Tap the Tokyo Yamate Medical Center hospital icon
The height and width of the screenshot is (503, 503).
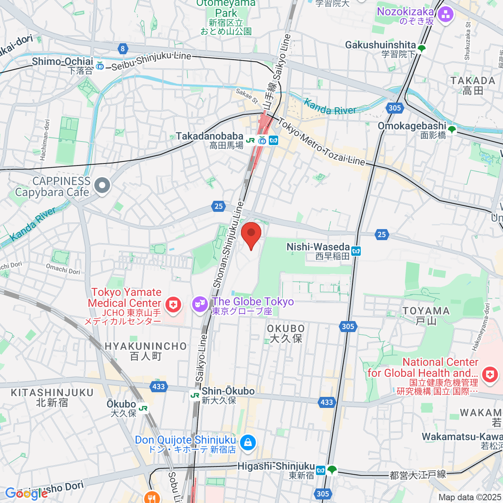pyautogui.click(x=173, y=305)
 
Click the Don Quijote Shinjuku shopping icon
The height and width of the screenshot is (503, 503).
pyautogui.click(x=248, y=443)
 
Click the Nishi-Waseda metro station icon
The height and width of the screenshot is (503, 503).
pyautogui.click(x=356, y=251)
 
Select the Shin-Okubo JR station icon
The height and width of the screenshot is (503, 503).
pyautogui.click(x=195, y=395)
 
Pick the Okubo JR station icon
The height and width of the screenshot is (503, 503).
pyautogui.click(x=143, y=408)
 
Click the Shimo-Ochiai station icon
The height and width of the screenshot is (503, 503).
pyautogui.click(x=100, y=66)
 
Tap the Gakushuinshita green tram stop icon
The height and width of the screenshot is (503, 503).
pyautogui.click(x=422, y=49)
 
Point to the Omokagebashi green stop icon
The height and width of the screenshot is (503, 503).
pyautogui.click(x=451, y=130)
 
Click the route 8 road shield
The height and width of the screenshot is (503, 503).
pyautogui.click(x=122, y=49)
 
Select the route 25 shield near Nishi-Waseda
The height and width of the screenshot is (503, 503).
pyautogui.click(x=381, y=234)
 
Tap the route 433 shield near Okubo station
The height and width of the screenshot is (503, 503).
pyautogui.click(x=158, y=386)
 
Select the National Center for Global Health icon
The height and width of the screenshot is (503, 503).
pyautogui.click(x=490, y=374)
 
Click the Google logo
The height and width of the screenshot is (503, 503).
pyautogui.click(x=26, y=493)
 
